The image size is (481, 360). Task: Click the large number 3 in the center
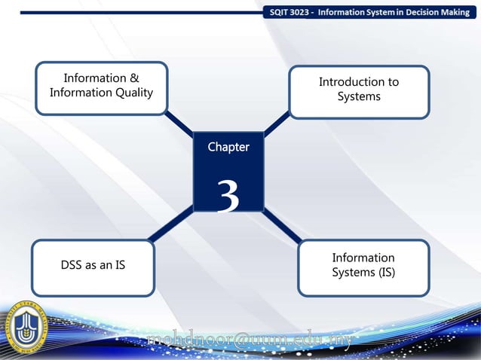tap(228, 196)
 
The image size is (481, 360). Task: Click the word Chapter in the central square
tap(228, 148)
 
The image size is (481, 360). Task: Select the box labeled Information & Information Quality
tap(101, 87)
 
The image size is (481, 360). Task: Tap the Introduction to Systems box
tap(359, 91)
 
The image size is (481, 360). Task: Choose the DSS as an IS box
tap(93, 267)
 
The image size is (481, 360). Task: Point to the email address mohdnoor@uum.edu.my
tap(249, 340)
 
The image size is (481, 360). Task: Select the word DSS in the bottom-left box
tap(73, 266)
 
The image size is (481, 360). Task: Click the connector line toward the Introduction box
tap(277, 123)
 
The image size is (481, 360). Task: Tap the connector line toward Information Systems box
tap(282, 226)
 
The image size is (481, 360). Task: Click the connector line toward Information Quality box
tap(179, 124)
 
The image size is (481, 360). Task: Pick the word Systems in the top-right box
tap(359, 96)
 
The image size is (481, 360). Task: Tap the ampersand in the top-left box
tap(133, 78)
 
